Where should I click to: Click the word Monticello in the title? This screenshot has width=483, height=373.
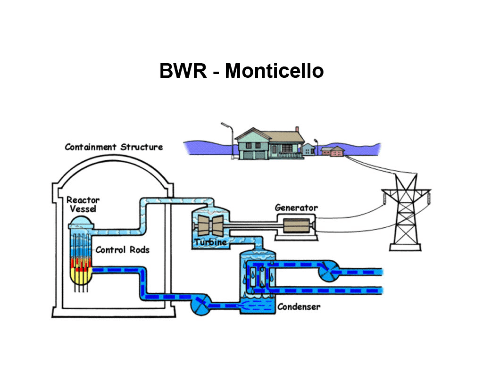(274, 71)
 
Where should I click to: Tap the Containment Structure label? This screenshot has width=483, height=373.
(114, 147)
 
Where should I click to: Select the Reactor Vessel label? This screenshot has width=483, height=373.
(83, 205)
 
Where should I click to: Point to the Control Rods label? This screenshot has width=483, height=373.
(122, 249)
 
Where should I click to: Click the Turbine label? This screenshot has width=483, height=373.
(210, 243)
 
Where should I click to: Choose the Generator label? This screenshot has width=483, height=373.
(296, 207)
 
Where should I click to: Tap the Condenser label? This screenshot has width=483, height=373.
(299, 307)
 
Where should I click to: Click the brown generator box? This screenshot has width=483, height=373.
(296, 226)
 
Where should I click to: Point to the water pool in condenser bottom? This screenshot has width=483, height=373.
(258, 306)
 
